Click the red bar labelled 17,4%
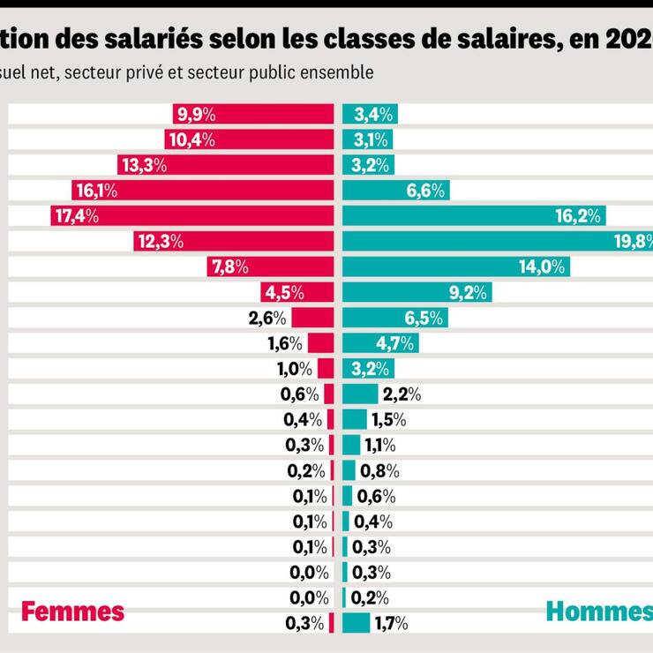(x=191, y=216)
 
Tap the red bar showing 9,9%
(x=253, y=114)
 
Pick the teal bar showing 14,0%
(x=455, y=267)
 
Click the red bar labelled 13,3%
(x=226, y=165)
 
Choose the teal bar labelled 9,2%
(x=416, y=293)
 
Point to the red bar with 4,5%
(x=297, y=293)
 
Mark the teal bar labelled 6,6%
(x=395, y=191)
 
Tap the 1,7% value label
(x=391, y=624)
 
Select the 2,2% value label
(x=402, y=394)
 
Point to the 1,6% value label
(x=285, y=344)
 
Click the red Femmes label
(x=72, y=611)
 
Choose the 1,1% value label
(x=379, y=446)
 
